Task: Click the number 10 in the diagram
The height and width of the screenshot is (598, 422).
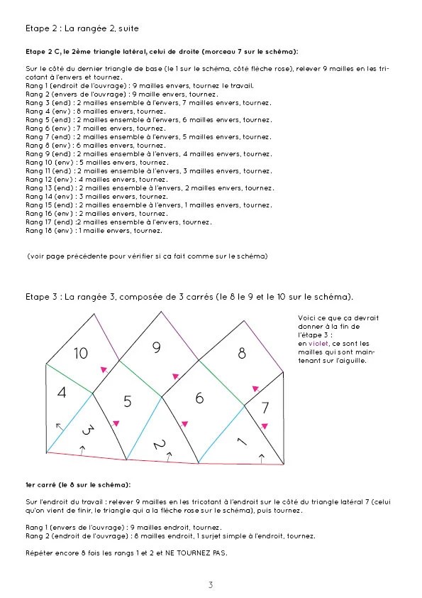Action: point(81,353)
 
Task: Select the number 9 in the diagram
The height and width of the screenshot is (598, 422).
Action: point(157,347)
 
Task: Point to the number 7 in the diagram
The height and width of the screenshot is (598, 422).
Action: point(265,408)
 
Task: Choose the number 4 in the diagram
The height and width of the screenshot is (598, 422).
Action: point(62,393)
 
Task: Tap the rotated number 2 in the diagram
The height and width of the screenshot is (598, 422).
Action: point(160,445)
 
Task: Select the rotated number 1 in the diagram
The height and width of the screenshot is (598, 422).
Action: point(240,442)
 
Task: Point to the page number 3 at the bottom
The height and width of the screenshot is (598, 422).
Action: point(211,585)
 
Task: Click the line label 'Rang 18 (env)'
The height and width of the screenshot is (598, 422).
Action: point(49,230)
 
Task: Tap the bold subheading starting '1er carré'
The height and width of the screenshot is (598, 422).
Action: point(78,484)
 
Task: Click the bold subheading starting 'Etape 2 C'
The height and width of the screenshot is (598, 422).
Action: point(162,52)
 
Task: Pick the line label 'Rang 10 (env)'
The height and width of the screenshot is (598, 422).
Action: point(49,163)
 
